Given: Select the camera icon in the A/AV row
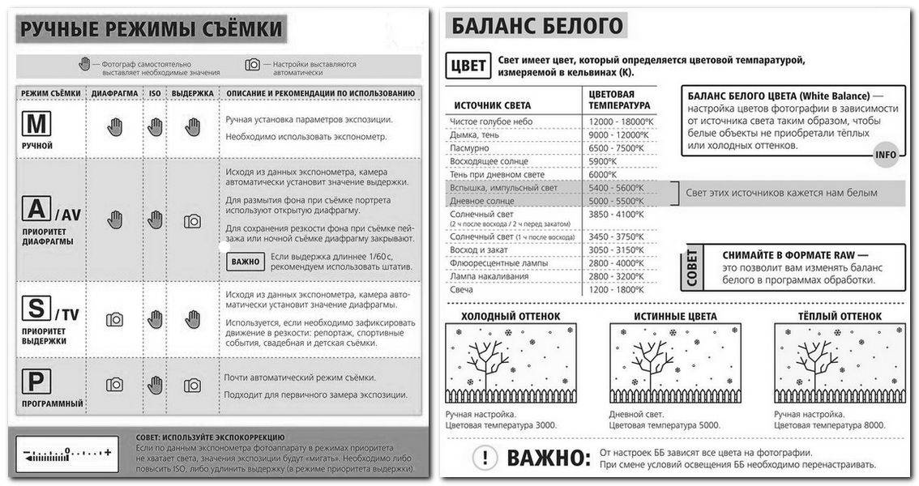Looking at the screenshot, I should [x=192, y=220].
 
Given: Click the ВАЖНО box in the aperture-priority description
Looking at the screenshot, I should [x=245, y=261].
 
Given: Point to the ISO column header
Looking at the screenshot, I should [x=154, y=93].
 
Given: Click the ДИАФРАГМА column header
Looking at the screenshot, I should [x=114, y=93].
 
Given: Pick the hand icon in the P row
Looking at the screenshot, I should [x=155, y=385].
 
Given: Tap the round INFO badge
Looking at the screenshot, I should [x=886, y=155].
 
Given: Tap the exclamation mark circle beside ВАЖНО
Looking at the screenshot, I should [x=484, y=458].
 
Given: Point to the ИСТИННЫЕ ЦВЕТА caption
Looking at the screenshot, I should [x=673, y=316].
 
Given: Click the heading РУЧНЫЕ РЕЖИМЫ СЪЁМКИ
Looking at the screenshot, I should [x=152, y=30].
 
